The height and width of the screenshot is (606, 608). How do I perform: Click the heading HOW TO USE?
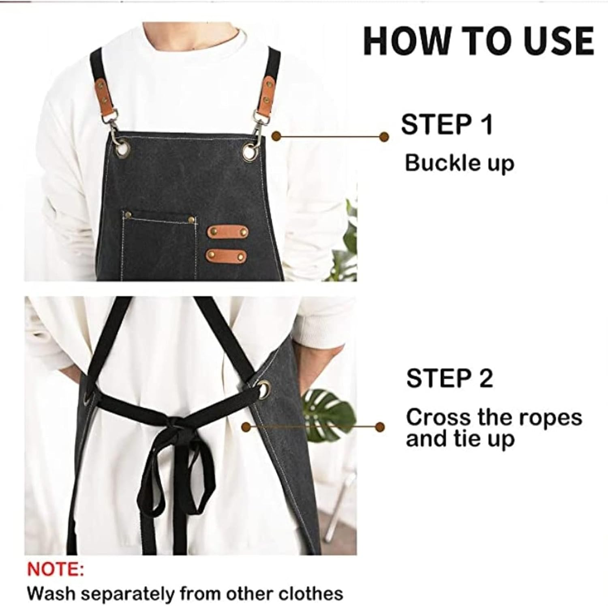pos(478,41)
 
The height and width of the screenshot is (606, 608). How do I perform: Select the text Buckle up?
pos(459,163)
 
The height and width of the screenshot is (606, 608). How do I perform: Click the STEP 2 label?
pos(450,378)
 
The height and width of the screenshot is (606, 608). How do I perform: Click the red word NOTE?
pos(56,569)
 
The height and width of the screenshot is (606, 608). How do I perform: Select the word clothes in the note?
pos(312,593)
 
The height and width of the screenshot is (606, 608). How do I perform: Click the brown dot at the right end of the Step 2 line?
pos(380,426)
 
